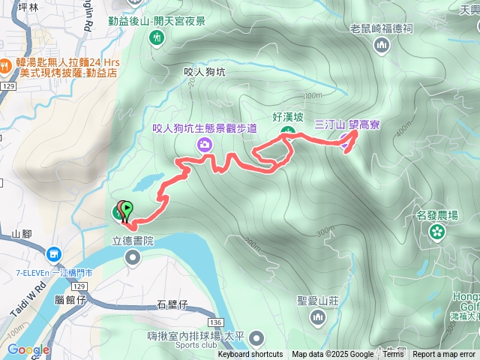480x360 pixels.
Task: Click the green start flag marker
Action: click(x=127, y=209)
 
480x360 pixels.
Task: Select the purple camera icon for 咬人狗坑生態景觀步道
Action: click(x=202, y=144)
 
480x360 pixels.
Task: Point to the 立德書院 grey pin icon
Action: click(x=133, y=259)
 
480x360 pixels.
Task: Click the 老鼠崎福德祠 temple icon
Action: click(x=382, y=46)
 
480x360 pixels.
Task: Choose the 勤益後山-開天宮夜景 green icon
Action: click(x=157, y=37)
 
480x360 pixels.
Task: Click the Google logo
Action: click(x=28, y=350)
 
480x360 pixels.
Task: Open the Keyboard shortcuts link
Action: click(x=250, y=355)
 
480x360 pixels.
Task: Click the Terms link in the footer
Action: click(x=393, y=355)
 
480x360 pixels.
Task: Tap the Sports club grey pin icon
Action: click(x=257, y=338)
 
